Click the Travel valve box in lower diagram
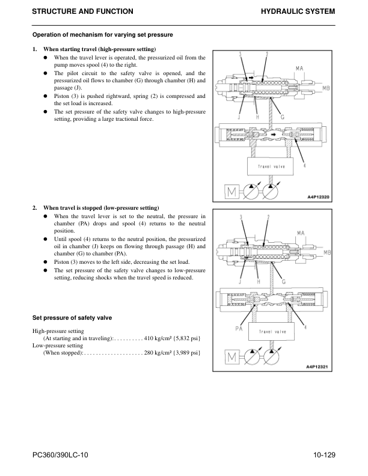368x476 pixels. point(271,331)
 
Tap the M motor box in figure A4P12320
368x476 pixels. point(230,192)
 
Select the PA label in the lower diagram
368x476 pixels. point(238,328)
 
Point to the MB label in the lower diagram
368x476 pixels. point(327,252)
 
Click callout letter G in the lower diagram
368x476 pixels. point(283,281)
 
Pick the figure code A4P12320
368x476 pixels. point(318,196)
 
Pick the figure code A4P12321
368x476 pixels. point(318,365)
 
